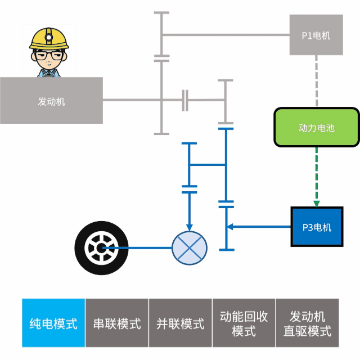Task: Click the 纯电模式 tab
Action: (x=53, y=323)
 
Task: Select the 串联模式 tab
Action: (x=117, y=323)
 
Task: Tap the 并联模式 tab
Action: (x=181, y=323)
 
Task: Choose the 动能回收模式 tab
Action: (x=244, y=323)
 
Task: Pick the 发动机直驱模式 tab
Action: (x=307, y=323)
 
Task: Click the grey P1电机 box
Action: (x=316, y=35)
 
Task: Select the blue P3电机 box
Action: (x=317, y=227)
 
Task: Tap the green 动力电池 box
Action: (x=316, y=128)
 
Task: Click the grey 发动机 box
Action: (x=51, y=101)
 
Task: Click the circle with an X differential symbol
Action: (x=189, y=248)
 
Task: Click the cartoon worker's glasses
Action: (x=48, y=56)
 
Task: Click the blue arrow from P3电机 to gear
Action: (x=259, y=227)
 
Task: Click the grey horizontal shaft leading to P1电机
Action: (x=225, y=35)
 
